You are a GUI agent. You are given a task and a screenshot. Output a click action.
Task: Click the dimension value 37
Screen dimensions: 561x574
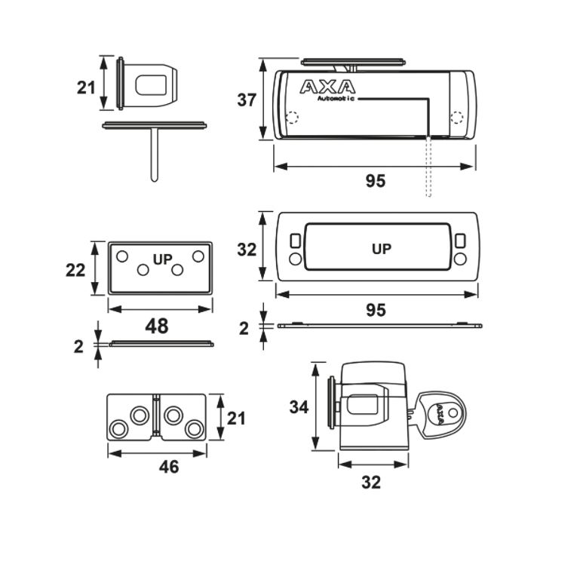click(x=247, y=99)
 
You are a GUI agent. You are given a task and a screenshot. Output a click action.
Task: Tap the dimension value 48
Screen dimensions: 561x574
click(x=157, y=326)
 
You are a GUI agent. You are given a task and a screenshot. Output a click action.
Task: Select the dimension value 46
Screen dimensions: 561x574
click(x=169, y=467)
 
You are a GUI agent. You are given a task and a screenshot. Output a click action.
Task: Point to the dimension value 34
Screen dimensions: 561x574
click(x=299, y=406)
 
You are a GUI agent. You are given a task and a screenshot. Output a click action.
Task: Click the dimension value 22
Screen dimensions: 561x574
click(x=75, y=269)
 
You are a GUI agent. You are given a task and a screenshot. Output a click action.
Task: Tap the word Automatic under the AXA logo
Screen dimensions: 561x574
click(x=336, y=99)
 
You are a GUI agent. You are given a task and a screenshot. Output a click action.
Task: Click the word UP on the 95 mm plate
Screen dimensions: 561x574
click(x=382, y=248)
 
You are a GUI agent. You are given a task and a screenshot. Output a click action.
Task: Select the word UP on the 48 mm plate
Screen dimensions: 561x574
click(x=163, y=259)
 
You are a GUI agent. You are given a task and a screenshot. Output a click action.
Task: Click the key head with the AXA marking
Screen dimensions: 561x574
click(x=440, y=412)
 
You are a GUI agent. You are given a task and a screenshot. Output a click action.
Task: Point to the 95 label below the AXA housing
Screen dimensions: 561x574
click(x=375, y=181)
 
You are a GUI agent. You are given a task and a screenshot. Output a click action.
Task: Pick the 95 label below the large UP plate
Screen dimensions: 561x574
click(x=375, y=310)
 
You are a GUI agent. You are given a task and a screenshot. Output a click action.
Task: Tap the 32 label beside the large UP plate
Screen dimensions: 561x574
click(x=247, y=250)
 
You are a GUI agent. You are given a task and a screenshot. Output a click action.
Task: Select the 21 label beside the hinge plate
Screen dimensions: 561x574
click(x=236, y=418)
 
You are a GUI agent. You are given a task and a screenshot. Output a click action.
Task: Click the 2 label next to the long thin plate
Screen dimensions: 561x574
click(x=244, y=327)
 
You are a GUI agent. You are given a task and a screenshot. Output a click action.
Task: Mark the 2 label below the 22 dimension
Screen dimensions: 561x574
click(x=78, y=347)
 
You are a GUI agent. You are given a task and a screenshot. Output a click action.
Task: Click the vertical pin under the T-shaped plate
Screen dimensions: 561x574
click(x=154, y=155)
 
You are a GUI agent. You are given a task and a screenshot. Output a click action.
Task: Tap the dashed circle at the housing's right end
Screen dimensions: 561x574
click(x=456, y=118)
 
